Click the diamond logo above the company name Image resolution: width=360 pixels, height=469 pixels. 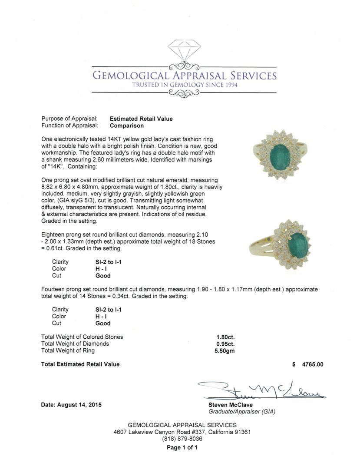[x=184, y=51]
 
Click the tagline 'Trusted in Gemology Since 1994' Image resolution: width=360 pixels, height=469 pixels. [x=185, y=85]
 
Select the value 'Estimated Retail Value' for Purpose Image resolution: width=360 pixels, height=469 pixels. [x=141, y=119]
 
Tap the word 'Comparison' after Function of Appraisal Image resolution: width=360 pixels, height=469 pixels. [x=126, y=126]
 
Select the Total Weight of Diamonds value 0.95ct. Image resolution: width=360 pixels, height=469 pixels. [x=225, y=344]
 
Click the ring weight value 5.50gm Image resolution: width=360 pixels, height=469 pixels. [x=225, y=351]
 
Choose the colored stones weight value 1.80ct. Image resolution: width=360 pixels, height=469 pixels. [x=225, y=337]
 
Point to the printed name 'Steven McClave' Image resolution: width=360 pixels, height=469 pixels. [x=230, y=405]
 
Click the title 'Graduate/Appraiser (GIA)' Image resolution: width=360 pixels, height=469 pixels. [x=242, y=412]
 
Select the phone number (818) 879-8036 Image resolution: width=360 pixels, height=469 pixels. [x=182, y=439]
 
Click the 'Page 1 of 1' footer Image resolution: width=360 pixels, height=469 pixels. [x=182, y=448]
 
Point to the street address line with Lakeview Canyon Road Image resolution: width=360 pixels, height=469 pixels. [x=182, y=432]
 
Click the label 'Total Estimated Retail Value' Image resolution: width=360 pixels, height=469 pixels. [x=80, y=364]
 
